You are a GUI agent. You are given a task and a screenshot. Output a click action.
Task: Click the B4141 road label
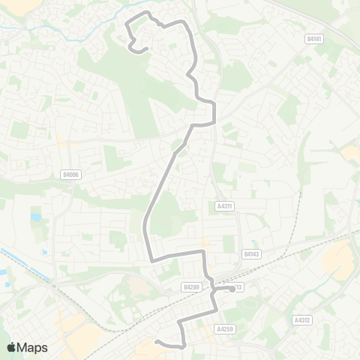(314, 38)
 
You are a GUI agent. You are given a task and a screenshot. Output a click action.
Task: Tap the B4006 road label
(70, 175)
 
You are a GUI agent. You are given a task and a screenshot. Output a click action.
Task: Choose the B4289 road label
(192, 286)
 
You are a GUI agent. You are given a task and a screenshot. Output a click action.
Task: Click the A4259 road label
(225, 328)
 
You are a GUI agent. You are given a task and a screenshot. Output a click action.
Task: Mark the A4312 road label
(303, 319)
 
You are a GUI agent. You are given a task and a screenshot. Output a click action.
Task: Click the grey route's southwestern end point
(157, 342)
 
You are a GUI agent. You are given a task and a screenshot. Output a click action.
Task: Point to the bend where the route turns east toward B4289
(154, 259)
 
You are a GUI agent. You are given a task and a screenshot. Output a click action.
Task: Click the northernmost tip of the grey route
(148, 13)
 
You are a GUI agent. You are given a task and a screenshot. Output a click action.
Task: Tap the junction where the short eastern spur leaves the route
(213, 288)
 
